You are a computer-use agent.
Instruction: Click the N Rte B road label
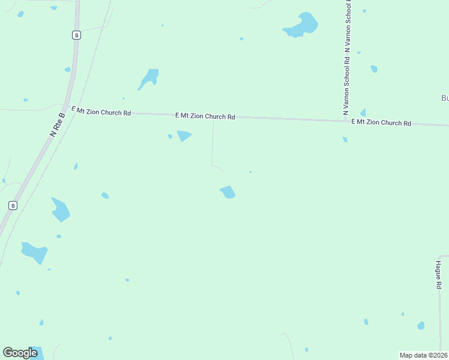coord(58,125)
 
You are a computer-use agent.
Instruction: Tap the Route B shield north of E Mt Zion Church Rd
coord(76,35)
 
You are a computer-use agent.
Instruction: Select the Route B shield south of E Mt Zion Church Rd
coord(13,205)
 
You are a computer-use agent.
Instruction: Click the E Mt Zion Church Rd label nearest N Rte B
coord(101,110)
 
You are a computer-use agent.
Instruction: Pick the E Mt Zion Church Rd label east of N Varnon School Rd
coord(381,122)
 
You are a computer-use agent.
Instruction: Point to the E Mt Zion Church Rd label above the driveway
coord(205,116)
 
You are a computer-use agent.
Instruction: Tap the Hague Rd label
coord(439,274)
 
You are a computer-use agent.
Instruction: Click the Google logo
coord(20,352)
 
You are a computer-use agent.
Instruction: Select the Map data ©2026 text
coord(423,355)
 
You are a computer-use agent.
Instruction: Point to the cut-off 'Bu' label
coord(445,98)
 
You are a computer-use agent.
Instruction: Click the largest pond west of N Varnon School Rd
coord(301,25)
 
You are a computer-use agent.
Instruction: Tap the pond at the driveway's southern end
coord(228,192)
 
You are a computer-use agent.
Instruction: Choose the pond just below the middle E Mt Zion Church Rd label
coord(184,136)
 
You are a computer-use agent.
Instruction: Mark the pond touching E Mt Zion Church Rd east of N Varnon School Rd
coord(363,113)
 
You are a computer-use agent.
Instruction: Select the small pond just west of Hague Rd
coord(421,325)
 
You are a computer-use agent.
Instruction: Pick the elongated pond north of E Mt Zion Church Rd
coord(148,78)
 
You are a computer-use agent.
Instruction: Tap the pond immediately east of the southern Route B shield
coord(60,209)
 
